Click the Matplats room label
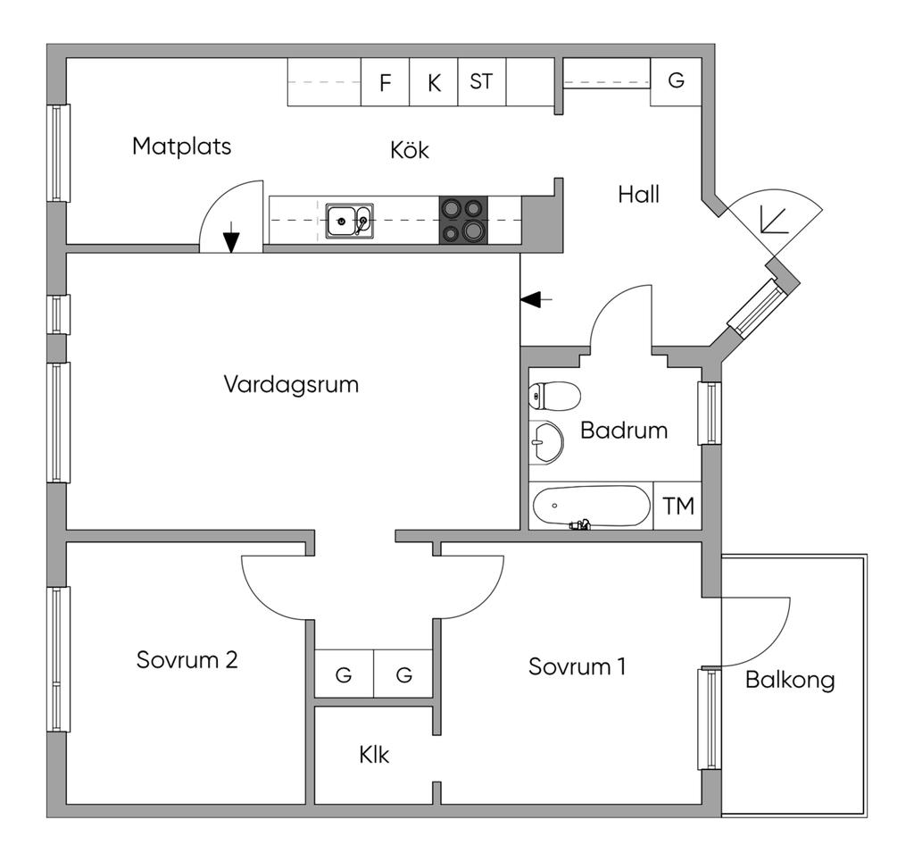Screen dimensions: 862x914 [x=181, y=146]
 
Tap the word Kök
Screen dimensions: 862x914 [x=409, y=150]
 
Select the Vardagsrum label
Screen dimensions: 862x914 [x=291, y=384]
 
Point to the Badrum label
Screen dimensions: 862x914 [x=624, y=430]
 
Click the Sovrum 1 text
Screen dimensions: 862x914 [x=577, y=666]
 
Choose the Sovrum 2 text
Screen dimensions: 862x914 [x=187, y=660]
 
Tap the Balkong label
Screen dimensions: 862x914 [x=790, y=680]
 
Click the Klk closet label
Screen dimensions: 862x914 [x=374, y=755]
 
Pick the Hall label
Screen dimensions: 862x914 [x=638, y=194]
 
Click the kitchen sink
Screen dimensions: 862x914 [x=349, y=220]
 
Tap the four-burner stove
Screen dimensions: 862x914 [x=463, y=220]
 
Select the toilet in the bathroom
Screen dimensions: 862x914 [x=553, y=395]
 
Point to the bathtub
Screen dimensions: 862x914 [x=591, y=506]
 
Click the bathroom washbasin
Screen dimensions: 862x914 [x=544, y=441]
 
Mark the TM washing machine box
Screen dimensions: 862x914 [x=678, y=506]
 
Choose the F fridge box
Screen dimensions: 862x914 [x=385, y=83]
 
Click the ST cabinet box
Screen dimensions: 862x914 [x=481, y=81]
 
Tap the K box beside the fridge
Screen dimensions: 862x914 [x=434, y=83]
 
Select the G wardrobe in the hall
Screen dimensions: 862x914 [x=676, y=80]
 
